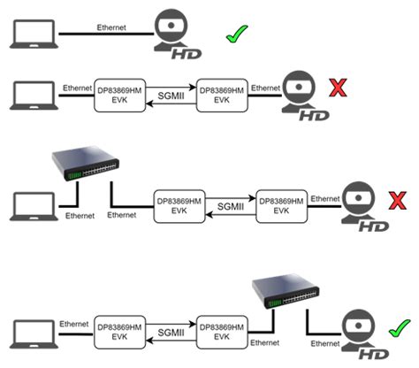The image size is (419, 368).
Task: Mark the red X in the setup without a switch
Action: [337, 88]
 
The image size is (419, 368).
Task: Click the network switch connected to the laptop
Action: [86, 164]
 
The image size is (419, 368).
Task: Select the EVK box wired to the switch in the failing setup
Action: [181, 205]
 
